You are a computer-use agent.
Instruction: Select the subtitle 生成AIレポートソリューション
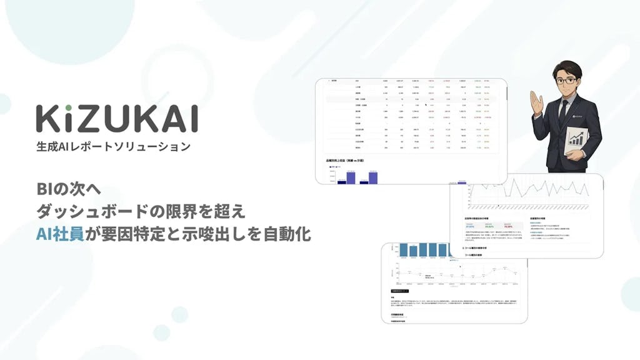pos(113,147)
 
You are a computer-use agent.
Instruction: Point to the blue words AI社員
pos(60,236)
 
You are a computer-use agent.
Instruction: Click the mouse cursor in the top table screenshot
pos(426,106)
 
